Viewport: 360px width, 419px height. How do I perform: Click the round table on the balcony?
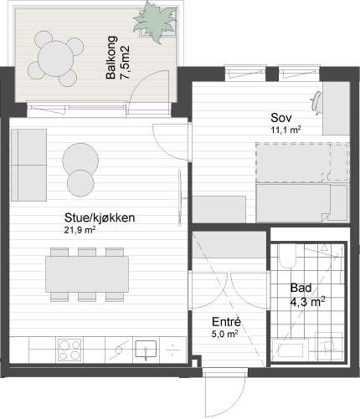tap(57, 59)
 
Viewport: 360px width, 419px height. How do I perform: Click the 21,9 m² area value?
tap(80, 230)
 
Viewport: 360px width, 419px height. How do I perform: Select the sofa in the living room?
tap(28, 165)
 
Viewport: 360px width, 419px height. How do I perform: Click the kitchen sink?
tap(147, 346)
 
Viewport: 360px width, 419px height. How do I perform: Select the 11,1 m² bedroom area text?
tap(285, 130)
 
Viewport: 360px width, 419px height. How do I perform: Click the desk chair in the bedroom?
tap(320, 100)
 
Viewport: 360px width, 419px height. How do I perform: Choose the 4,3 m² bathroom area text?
tap(306, 301)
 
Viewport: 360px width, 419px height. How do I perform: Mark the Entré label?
tap(225, 321)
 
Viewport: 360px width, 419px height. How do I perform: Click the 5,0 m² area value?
tap(225, 333)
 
